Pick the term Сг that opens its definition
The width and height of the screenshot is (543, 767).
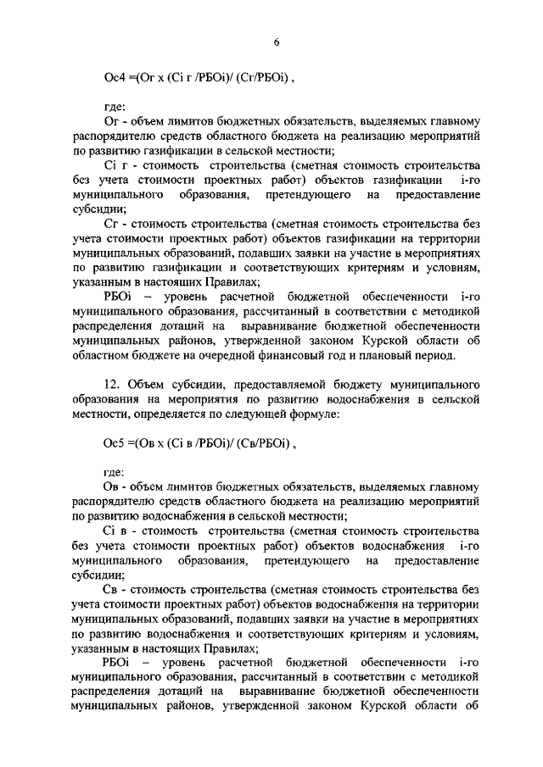pos(110,223)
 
